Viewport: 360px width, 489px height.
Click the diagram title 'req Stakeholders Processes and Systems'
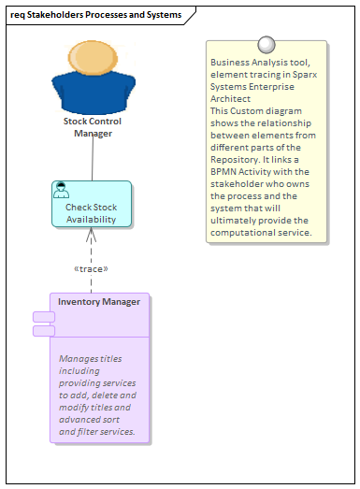(x=95, y=14)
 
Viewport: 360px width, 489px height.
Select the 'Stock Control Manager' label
(x=93, y=127)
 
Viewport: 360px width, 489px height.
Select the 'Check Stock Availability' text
(x=92, y=213)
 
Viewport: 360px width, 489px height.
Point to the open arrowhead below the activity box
(x=92, y=235)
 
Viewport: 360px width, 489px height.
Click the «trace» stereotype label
(x=91, y=269)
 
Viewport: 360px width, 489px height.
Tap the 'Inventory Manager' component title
(x=99, y=302)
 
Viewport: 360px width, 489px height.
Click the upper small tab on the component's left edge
(x=43, y=317)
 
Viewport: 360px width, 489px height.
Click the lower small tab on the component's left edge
(x=43, y=330)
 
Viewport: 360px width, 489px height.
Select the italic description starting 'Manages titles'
(x=97, y=395)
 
